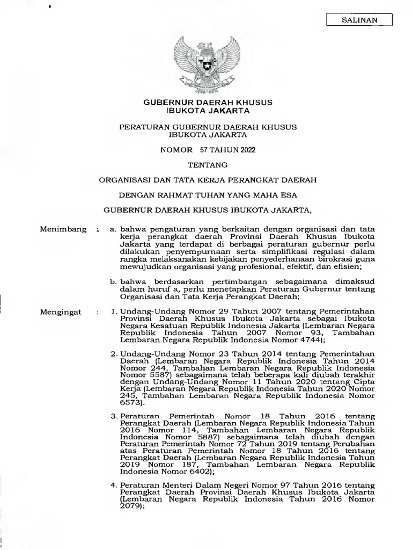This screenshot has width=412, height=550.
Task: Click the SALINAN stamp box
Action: pos(359,20)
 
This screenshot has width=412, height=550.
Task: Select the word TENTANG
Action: pos(207,164)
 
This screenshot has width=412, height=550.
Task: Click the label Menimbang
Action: pos(63,229)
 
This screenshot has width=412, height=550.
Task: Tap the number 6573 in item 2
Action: pos(130,402)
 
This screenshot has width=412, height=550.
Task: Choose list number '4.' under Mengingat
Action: pos(114,485)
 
